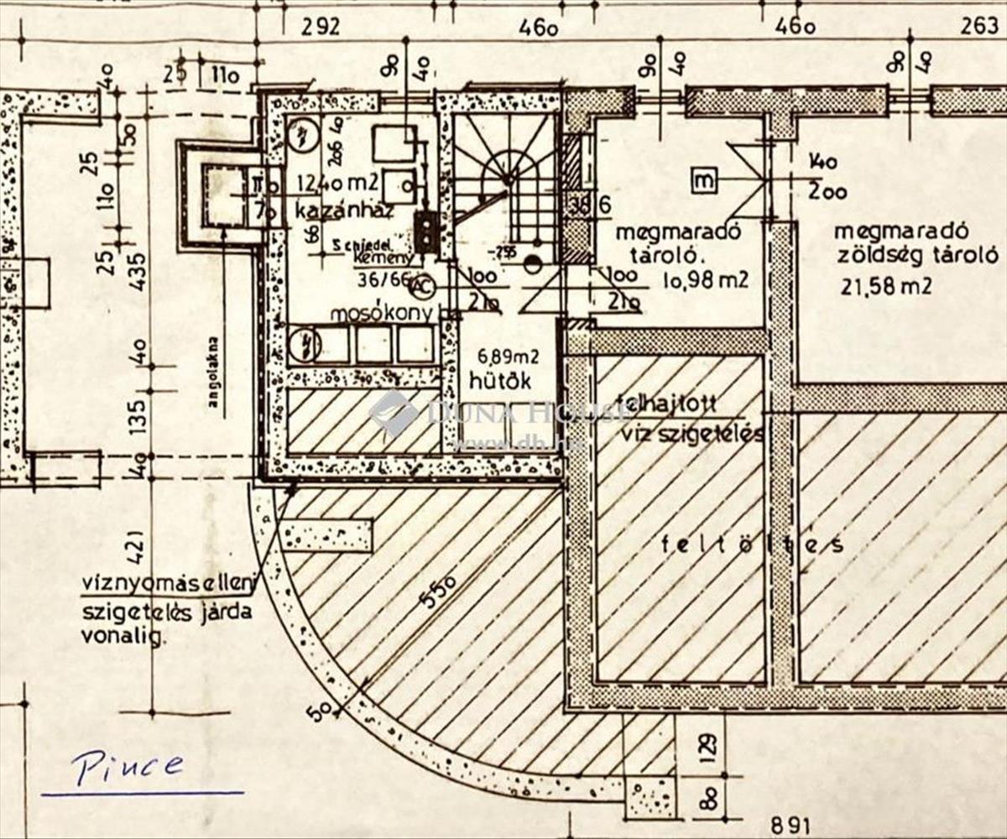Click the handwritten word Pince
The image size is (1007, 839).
point(127,765)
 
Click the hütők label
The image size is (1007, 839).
point(500,380)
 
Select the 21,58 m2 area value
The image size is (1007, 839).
point(885,287)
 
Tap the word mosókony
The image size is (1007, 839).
point(383,314)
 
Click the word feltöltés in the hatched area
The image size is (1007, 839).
point(751,545)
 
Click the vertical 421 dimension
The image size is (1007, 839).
point(138,549)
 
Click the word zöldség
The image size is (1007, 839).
point(872,257)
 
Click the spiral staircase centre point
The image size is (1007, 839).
point(507,177)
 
